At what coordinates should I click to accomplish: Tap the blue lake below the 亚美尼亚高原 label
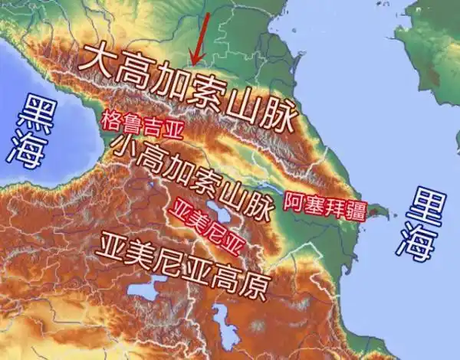[141, 291]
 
